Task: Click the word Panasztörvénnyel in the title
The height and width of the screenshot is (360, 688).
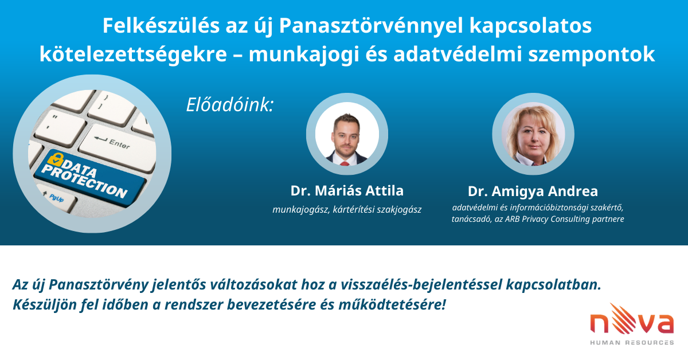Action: point(371,26)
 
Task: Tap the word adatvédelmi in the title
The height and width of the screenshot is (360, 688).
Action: point(458,54)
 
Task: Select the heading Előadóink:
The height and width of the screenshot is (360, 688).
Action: point(230,105)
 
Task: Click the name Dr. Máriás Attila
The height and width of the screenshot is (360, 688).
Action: point(347,190)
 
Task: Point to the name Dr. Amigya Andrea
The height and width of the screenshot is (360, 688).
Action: point(533,191)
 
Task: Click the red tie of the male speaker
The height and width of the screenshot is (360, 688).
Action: point(345,163)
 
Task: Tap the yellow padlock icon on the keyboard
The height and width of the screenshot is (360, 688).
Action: point(55,160)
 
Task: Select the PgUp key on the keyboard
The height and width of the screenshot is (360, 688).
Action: point(57,198)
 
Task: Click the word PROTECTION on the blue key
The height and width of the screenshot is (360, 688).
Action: point(84,182)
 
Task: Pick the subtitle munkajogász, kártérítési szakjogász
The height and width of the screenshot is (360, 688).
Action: point(347,210)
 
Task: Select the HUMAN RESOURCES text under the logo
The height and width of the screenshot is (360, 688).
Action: point(632,342)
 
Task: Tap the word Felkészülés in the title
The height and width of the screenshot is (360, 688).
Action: point(161,25)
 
